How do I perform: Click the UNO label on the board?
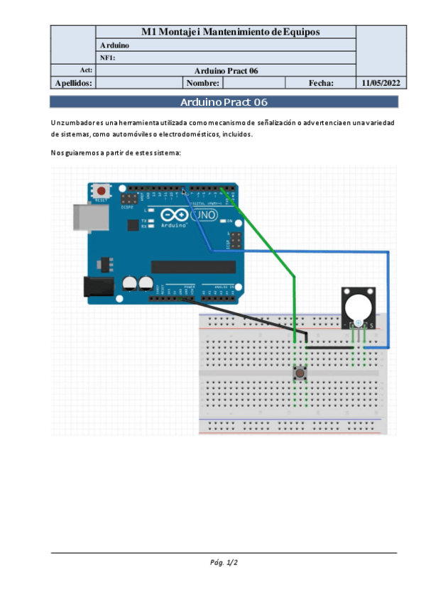coord(204,215)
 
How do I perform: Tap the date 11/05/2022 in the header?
coord(381,83)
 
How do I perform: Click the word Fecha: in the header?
coord(321,83)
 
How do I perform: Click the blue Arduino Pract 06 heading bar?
coord(224,102)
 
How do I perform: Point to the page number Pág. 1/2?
coord(224,563)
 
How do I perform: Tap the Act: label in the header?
coord(87,70)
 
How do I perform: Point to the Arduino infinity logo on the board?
coord(175,215)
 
